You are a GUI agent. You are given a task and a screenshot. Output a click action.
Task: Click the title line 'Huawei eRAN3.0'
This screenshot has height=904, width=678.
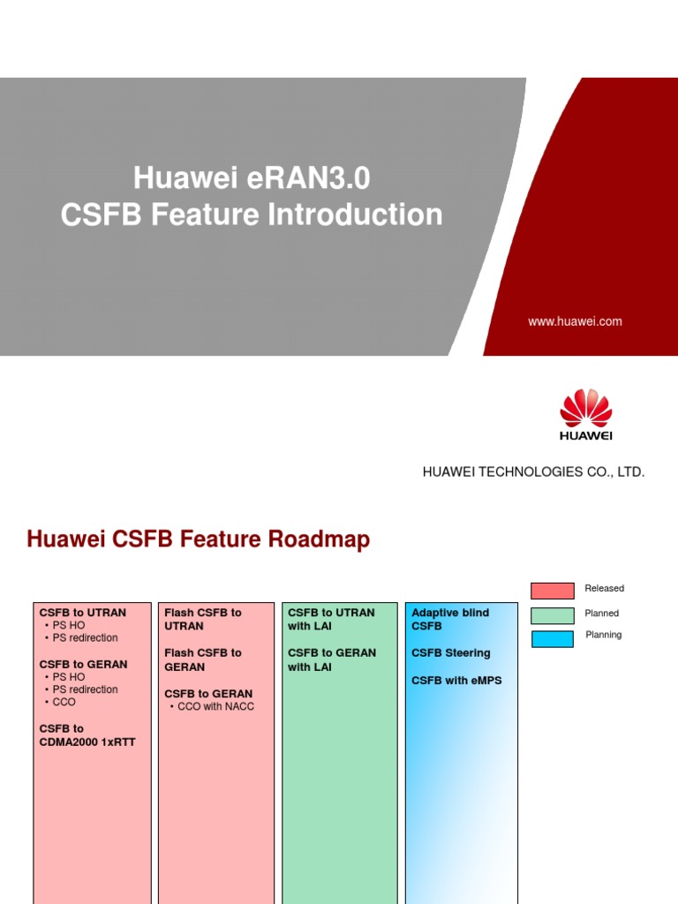pos(252,178)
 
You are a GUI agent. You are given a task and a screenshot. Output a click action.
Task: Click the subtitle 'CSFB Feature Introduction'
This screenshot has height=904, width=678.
pos(252,215)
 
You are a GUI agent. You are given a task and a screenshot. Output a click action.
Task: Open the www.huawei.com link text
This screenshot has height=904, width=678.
pos(575,321)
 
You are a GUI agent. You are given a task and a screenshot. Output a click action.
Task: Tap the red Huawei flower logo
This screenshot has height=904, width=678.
pos(585,409)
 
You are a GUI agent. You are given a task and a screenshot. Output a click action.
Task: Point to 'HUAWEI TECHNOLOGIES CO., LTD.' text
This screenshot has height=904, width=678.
pos(533,472)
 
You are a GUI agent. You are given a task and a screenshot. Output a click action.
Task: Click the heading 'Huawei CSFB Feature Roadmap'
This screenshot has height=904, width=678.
pos(199,539)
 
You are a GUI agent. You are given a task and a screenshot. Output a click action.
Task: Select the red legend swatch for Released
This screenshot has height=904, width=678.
pos(553,590)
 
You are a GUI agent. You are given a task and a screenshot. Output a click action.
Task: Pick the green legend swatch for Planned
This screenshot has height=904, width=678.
pos(553,614)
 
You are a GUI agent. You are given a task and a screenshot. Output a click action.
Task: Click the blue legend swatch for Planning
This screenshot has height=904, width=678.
pos(553,638)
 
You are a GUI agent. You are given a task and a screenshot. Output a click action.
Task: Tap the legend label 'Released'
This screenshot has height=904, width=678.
pos(604,589)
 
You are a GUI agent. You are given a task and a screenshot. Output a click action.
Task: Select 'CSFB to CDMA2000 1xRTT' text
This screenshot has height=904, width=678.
pos(87,734)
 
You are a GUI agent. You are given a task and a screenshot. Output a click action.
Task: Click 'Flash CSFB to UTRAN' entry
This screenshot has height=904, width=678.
pos(202,619)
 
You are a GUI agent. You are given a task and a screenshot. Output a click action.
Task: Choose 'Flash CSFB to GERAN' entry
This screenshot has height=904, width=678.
pos(202,659)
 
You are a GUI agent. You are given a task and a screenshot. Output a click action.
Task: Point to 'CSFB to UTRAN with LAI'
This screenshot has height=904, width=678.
pos(331,619)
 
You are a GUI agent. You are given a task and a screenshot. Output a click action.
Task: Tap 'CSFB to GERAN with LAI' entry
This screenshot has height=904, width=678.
pos(331,659)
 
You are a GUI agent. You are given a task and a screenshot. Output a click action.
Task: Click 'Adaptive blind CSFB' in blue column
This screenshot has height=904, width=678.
pos(450,619)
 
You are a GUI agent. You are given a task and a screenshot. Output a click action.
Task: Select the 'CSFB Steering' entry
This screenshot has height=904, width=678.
pos(450,653)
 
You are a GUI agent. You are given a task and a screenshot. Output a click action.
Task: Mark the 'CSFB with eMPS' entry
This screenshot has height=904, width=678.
pos(456,681)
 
